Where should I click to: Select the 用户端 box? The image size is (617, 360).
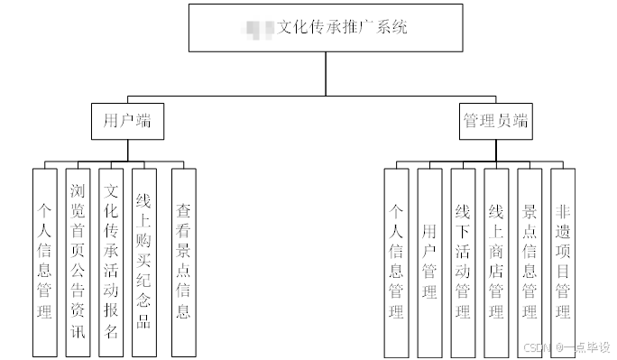click(128, 121)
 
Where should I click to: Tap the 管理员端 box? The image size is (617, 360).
click(495, 121)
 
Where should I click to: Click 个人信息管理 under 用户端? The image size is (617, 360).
click(45, 262)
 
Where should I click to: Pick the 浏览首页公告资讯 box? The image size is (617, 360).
click(78, 262)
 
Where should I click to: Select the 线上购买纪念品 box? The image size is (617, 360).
click(143, 262)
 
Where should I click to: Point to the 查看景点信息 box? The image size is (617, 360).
click(183, 262)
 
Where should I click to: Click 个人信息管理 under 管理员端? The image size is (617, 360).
click(396, 262)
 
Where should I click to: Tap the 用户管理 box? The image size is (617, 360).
click(429, 262)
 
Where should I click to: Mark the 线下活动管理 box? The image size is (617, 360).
click(463, 262)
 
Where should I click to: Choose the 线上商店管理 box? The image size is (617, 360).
click(496, 262)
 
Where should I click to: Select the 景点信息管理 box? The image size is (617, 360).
click(530, 262)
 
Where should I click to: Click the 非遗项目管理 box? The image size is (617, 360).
click(563, 262)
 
